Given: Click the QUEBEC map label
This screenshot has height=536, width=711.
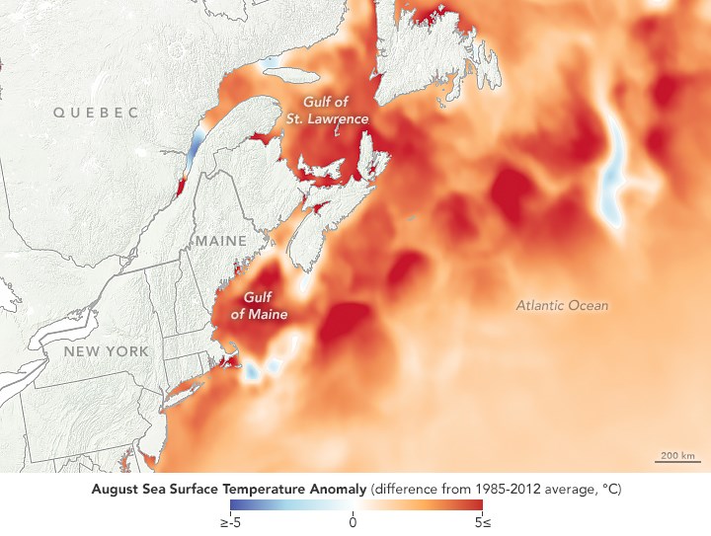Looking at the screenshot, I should (x=96, y=113).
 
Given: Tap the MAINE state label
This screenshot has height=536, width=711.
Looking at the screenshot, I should (x=221, y=241).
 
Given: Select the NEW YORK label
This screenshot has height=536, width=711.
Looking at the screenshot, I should (x=106, y=351).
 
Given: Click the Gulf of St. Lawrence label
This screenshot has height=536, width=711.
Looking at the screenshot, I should (x=336, y=110).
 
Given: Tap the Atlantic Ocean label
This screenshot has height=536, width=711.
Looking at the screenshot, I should (x=562, y=305).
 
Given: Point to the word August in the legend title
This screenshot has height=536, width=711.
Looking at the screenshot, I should (x=113, y=488).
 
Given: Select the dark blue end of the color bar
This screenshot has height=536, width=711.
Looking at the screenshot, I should (x=235, y=504).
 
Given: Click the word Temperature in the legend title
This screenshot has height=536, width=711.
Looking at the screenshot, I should (x=260, y=488).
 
